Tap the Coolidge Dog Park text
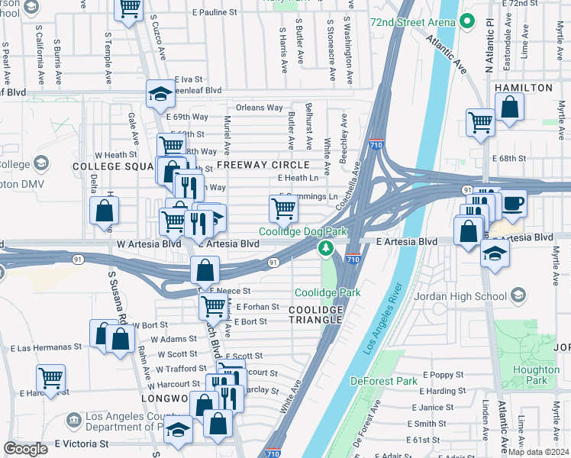(x=303, y=231)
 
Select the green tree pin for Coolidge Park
(x=326, y=248)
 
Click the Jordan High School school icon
(x=518, y=295)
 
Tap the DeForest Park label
(x=384, y=380)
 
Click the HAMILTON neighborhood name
(x=523, y=88)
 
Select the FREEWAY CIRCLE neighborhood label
(x=263, y=165)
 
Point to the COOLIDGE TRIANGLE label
(x=315, y=314)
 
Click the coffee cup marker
(x=513, y=203)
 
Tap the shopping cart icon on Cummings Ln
(x=283, y=207)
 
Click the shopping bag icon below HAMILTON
(x=509, y=107)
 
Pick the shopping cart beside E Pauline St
(x=129, y=9)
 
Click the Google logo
(x=26, y=449)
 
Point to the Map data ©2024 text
(x=538, y=452)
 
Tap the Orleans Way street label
(x=259, y=108)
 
